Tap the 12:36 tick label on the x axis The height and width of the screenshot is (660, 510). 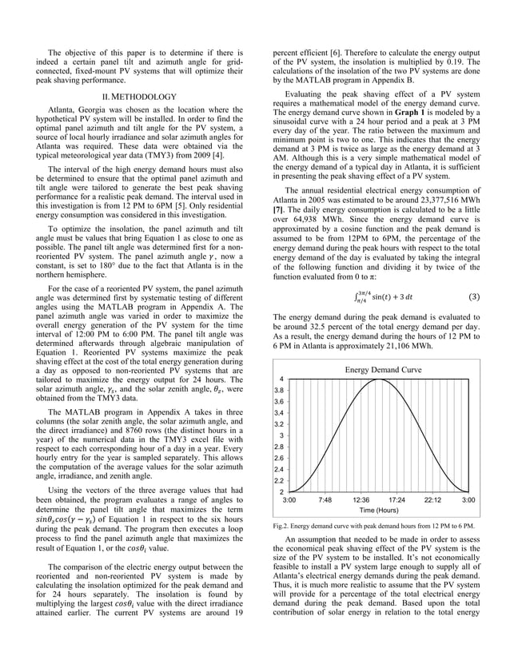click(x=361, y=499)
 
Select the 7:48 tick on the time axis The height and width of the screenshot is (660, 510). click(x=325, y=499)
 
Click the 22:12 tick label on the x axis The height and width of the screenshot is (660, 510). click(x=432, y=499)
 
